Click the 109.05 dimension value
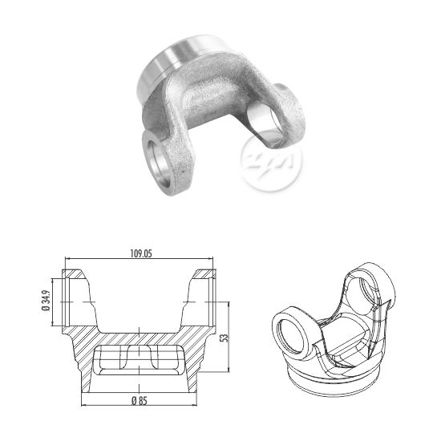[x=141, y=253]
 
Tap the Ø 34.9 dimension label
[x=47, y=301]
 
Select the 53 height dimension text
[x=225, y=338]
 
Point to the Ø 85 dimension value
[x=140, y=400]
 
